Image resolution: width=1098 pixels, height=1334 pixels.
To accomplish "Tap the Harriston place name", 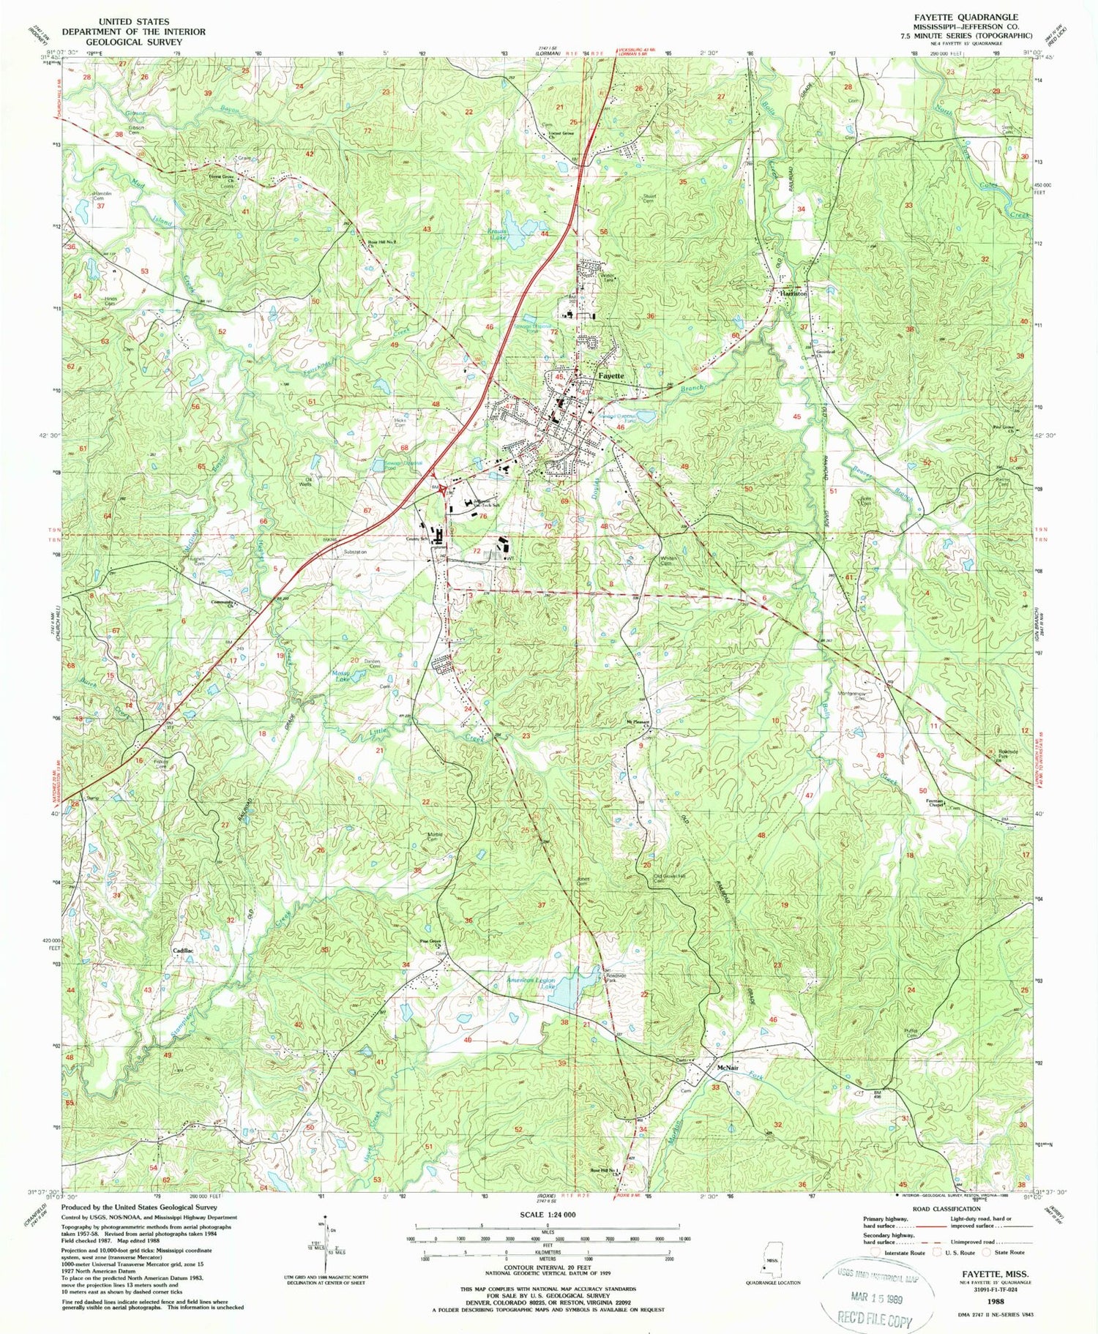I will click(x=793, y=293).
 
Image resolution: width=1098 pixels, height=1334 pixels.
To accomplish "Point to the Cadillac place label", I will click(x=183, y=950).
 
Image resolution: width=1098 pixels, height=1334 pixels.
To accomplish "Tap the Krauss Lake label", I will click(x=498, y=237).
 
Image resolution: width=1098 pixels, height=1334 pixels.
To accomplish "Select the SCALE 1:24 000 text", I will click(x=547, y=1214).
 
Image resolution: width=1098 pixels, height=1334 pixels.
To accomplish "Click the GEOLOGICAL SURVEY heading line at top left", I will click(x=133, y=42).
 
